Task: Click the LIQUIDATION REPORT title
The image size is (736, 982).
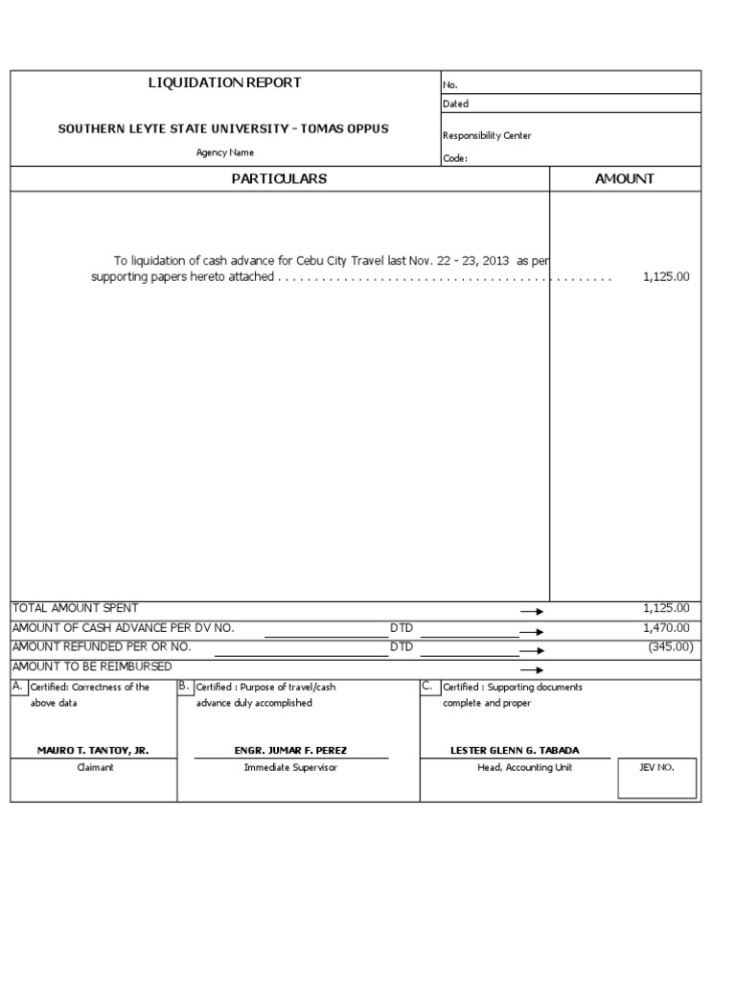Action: click(x=224, y=83)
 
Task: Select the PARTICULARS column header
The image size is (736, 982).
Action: click(x=279, y=179)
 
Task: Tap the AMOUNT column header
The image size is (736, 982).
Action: click(x=625, y=179)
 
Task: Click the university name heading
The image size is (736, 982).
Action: click(x=223, y=129)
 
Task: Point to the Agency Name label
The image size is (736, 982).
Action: click(x=225, y=152)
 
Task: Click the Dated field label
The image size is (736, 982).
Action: click(x=455, y=105)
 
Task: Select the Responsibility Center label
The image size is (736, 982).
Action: click(x=487, y=136)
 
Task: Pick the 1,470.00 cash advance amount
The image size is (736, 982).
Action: click(x=666, y=628)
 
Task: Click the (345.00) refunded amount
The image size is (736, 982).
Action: click(x=670, y=647)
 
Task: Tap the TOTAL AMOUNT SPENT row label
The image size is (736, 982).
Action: click(x=75, y=608)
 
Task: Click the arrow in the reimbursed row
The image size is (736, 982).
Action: click(x=531, y=670)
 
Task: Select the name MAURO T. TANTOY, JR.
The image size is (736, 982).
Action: click(x=93, y=751)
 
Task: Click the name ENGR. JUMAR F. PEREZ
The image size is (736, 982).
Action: click(x=290, y=751)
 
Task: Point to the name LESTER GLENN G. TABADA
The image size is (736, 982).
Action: click(x=515, y=751)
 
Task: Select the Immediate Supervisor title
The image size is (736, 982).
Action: click(x=290, y=768)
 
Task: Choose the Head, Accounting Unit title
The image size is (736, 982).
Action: click(x=525, y=768)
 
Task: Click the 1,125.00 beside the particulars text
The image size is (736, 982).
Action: click(x=666, y=276)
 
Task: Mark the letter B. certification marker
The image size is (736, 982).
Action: click(x=185, y=687)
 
